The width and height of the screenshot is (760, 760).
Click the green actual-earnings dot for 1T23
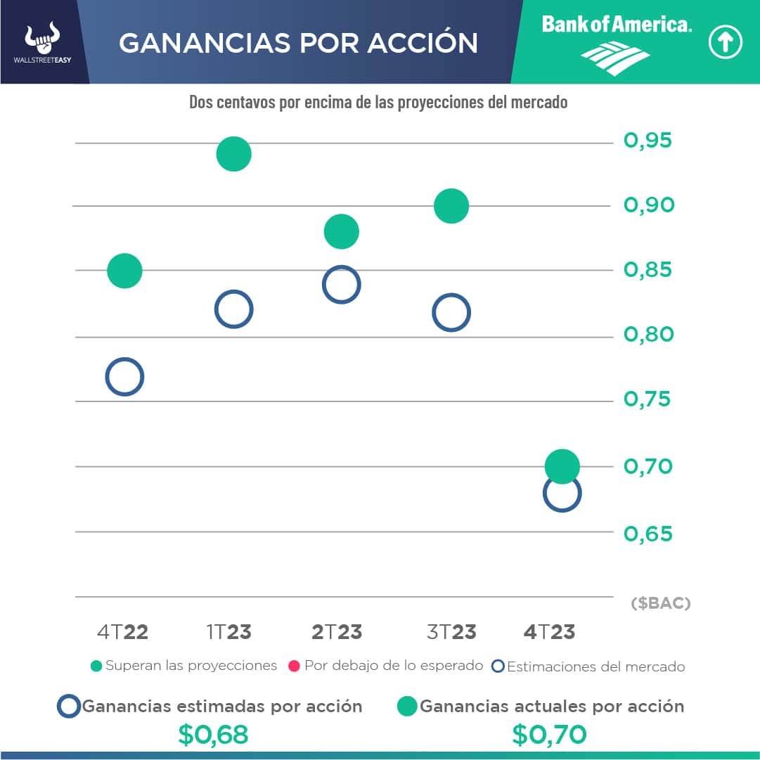click(233, 154)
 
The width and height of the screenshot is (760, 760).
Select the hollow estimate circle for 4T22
click(124, 377)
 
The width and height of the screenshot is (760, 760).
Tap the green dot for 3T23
click(451, 207)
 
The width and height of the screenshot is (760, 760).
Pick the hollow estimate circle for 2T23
click(341, 285)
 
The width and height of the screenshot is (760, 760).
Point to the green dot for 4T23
click(562, 466)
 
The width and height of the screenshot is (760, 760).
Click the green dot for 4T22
click(124, 271)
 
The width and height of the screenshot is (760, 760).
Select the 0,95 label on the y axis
click(648, 141)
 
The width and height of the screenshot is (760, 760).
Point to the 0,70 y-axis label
click(648, 466)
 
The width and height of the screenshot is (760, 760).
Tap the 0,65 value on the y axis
click(648, 534)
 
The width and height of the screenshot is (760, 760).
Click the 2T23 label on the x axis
click(337, 632)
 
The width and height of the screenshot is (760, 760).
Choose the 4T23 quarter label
click(549, 632)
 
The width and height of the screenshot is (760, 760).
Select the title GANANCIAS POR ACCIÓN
click(298, 44)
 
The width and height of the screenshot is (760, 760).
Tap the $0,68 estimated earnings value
click(213, 735)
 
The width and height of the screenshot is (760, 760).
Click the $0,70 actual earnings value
click(549, 735)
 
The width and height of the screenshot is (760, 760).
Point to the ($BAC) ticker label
click(660, 603)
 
